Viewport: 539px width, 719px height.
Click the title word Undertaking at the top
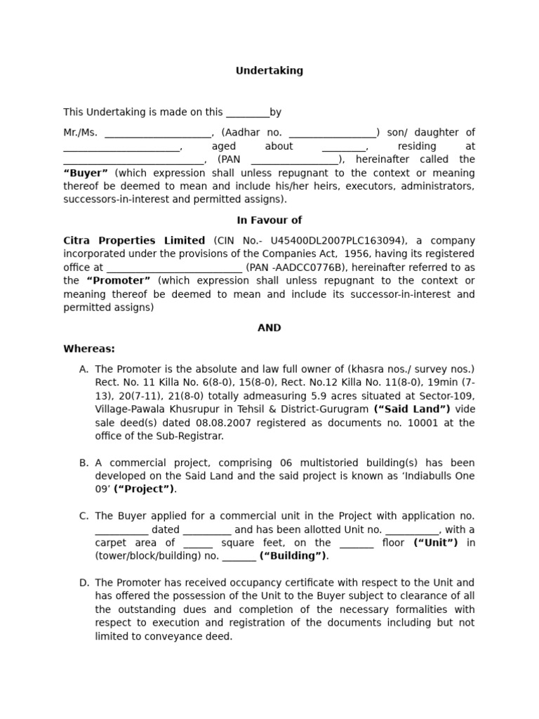[x=269, y=71]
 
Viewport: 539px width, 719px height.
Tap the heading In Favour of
[x=269, y=220]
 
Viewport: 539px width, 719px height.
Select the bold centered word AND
[x=269, y=328]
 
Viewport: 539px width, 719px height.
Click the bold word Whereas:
[x=89, y=349]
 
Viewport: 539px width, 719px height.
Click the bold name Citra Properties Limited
[x=134, y=240]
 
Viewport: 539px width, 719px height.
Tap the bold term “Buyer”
[x=86, y=173]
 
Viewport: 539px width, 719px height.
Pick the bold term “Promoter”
[x=118, y=281]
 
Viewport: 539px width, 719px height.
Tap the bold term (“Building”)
[x=293, y=556]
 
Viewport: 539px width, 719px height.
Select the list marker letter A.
[x=84, y=369]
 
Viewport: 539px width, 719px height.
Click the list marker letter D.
[x=84, y=583]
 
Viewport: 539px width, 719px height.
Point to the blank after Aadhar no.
[x=332, y=133]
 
